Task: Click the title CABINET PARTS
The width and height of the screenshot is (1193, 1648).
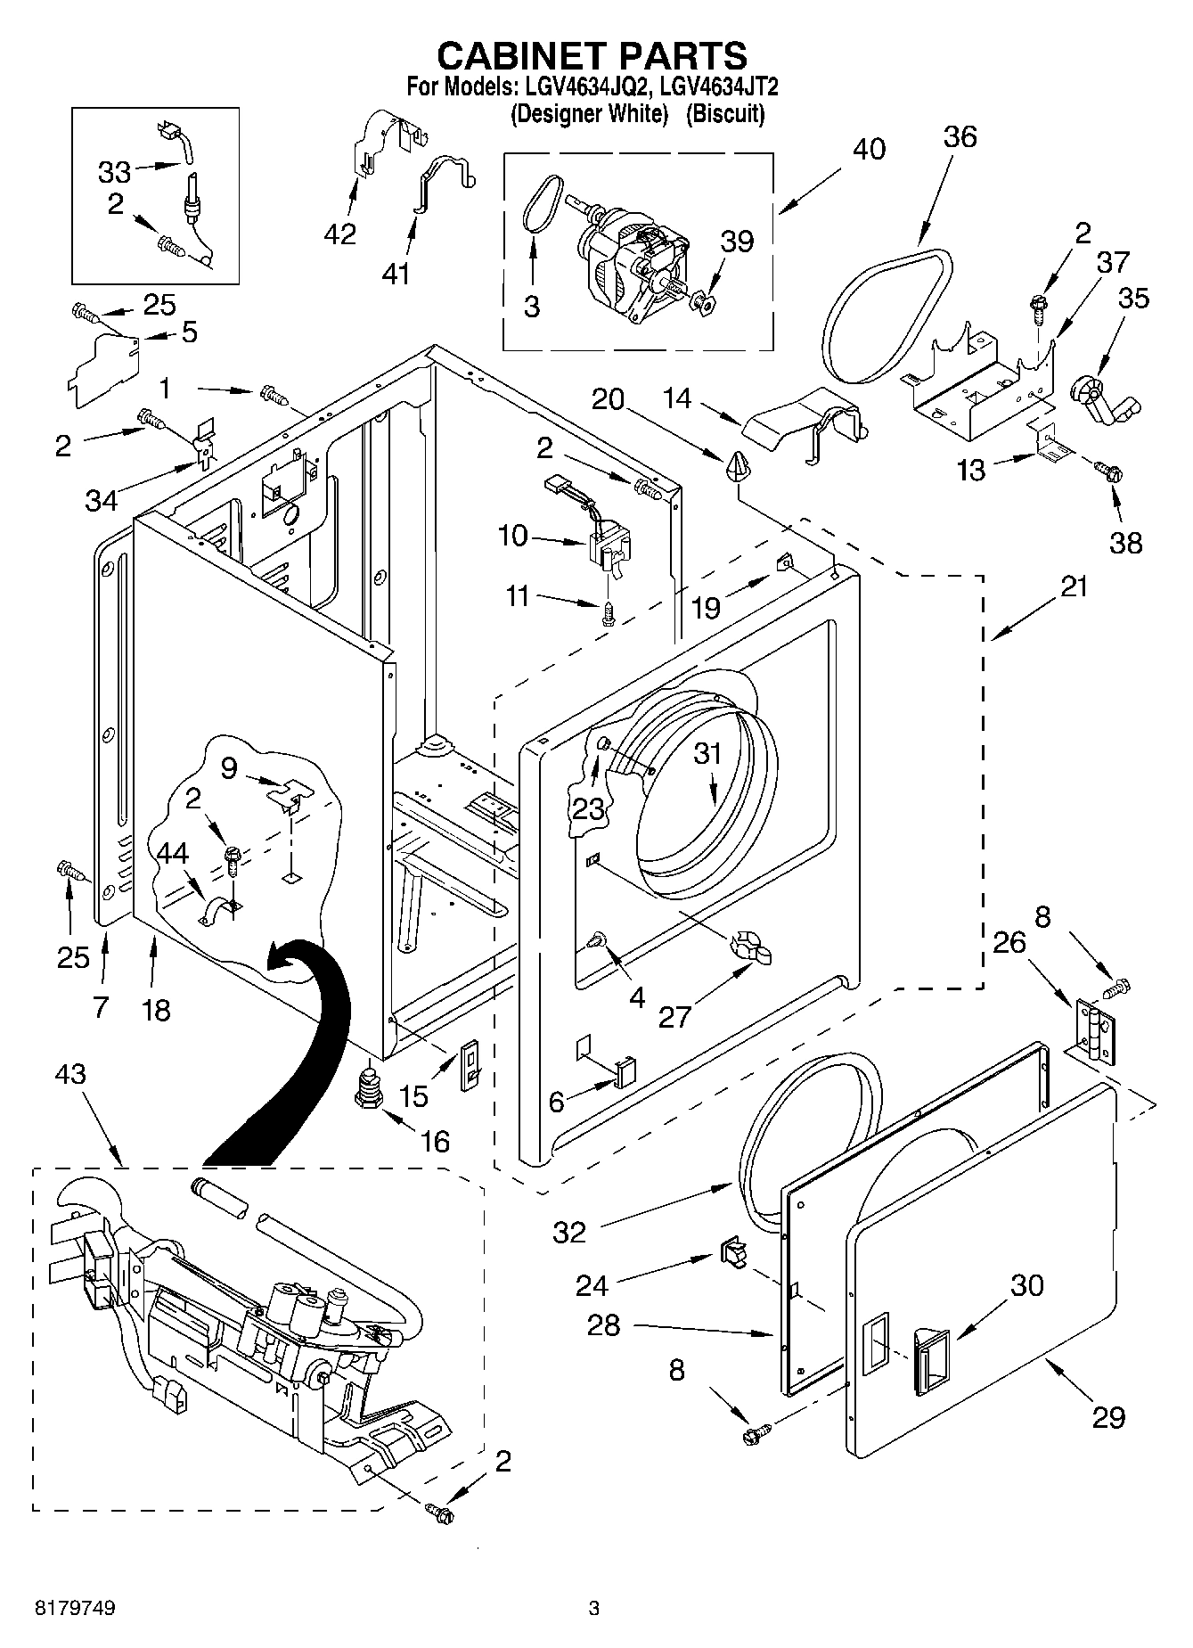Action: pyautogui.click(x=592, y=55)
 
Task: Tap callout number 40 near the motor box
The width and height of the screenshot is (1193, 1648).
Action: pyautogui.click(x=869, y=149)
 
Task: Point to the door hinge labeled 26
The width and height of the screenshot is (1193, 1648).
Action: pyautogui.click(x=1094, y=1032)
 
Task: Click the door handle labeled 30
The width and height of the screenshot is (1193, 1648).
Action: pyautogui.click(x=929, y=1357)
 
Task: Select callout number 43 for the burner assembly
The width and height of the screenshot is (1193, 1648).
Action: pyautogui.click(x=70, y=1074)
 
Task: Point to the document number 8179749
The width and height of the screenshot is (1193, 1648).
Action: pyautogui.click(x=75, y=1609)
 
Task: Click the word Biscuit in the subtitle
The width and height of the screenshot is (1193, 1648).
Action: pyautogui.click(x=724, y=113)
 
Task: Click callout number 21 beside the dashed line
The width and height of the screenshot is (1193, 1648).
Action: pyautogui.click(x=1075, y=587)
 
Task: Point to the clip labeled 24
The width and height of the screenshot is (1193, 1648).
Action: pyautogui.click(x=731, y=1250)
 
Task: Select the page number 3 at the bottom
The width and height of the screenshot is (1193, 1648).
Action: pyautogui.click(x=593, y=1609)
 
